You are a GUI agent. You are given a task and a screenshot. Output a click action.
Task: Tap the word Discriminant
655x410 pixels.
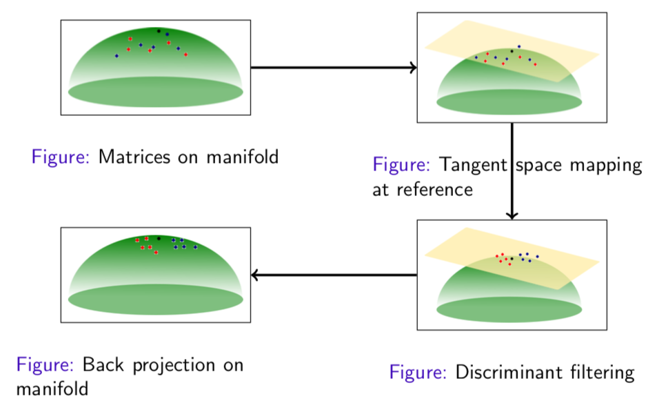(x=506, y=373)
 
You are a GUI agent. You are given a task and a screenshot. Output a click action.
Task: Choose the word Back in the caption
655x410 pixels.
(x=103, y=364)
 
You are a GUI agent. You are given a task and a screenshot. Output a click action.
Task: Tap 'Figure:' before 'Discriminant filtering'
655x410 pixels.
(x=419, y=373)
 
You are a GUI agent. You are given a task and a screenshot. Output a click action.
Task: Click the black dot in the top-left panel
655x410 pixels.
(x=159, y=31)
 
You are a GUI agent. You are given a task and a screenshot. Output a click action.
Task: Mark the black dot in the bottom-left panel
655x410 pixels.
(x=159, y=238)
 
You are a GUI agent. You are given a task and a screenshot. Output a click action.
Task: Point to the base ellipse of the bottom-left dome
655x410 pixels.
(x=155, y=299)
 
